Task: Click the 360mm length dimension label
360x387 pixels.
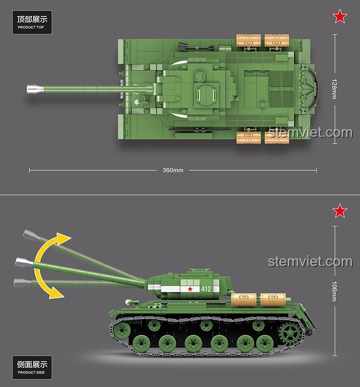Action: point(173,170)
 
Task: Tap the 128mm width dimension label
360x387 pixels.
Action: point(335,89)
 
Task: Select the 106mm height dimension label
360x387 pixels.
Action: point(335,291)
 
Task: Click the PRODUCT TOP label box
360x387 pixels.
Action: point(32,22)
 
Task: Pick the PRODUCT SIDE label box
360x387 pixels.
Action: point(32,367)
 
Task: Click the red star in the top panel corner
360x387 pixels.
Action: point(340,16)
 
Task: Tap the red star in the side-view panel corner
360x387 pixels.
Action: point(340,211)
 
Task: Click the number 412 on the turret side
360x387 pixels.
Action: point(206,289)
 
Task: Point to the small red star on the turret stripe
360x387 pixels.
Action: point(190,289)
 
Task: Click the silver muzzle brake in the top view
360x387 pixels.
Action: point(35,89)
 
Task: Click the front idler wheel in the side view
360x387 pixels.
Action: point(121,330)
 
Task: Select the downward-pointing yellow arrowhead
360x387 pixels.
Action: point(57,293)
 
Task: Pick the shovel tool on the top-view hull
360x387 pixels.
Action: point(195,47)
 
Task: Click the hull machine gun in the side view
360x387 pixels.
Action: point(132,302)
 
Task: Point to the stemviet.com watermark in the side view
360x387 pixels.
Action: point(310,262)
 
